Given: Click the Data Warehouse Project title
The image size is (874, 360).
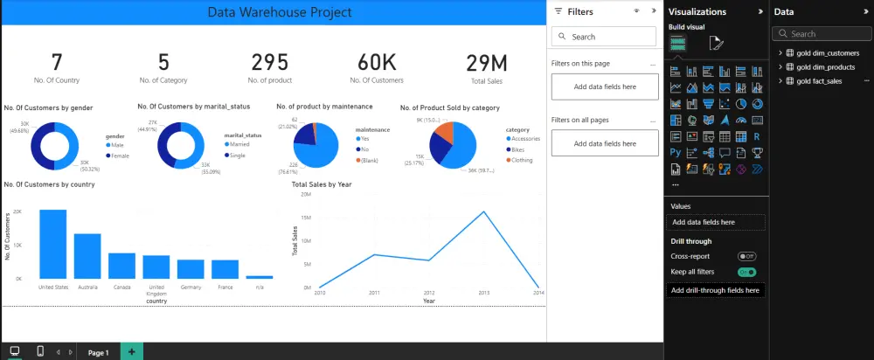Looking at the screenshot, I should point(280,12).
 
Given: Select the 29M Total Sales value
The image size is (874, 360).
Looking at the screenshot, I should point(487,63).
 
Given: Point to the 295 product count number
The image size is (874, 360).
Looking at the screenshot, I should point(269,63).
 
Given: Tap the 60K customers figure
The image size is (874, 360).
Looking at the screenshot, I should point(377,63).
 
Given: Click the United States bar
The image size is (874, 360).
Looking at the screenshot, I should point(52,244).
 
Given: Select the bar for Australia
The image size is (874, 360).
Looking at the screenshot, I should point(87,255).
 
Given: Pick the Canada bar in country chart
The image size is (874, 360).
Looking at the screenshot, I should point(121,266).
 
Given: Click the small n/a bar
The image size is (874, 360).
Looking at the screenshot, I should point(259,277).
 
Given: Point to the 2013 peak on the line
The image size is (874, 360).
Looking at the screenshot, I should point(483,211).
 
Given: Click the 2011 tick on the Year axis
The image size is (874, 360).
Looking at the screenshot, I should point(374,293).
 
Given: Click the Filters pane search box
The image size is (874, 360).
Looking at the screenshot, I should point(604,37).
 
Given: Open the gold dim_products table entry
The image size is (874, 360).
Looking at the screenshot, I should point(825,67).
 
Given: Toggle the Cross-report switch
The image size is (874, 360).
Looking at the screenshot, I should point(746,256).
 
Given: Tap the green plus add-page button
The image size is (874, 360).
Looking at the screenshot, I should point(131,352).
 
